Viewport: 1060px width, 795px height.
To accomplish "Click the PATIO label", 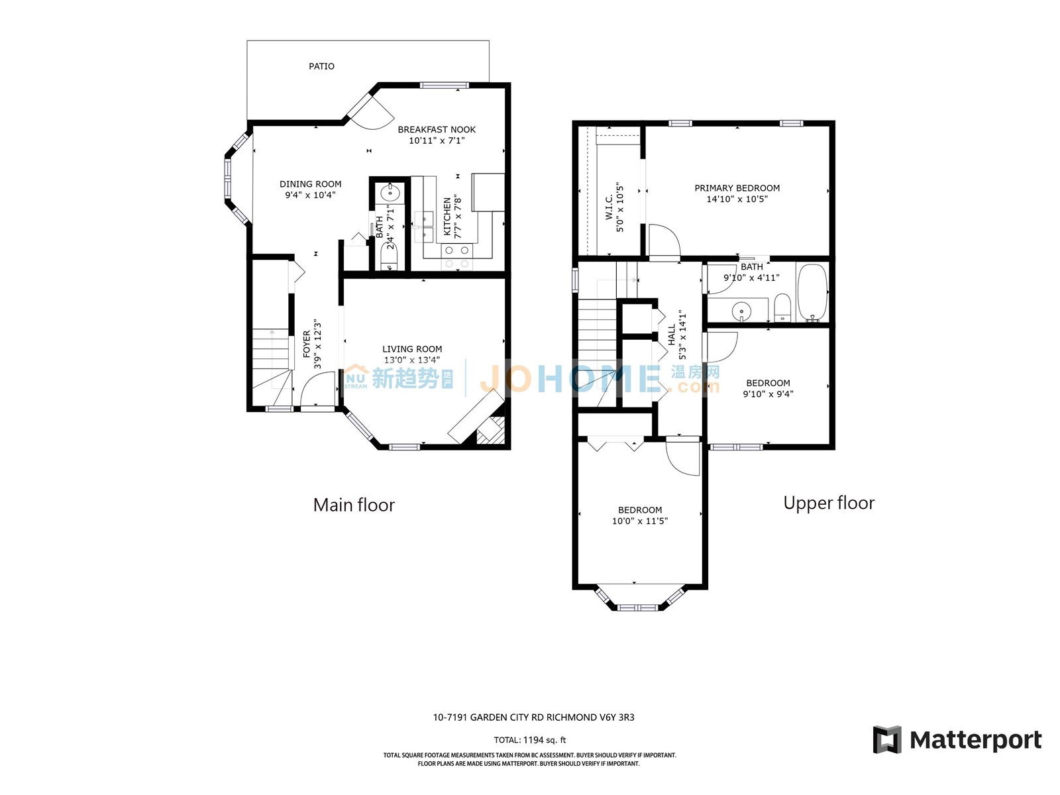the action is point(321,66).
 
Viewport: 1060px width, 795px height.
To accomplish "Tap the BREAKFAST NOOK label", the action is point(437,129).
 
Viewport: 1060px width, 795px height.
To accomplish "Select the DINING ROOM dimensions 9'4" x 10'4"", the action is point(310,195).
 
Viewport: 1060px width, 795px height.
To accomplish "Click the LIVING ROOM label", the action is point(412,348).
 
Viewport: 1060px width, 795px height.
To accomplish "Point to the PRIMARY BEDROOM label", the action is point(737,187).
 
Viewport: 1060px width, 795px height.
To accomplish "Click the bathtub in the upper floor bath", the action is point(812,293).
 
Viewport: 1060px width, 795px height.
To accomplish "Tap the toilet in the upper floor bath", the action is point(782,308).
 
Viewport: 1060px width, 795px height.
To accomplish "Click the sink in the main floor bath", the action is point(390,193).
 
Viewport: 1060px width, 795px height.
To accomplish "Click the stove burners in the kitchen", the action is point(456,257).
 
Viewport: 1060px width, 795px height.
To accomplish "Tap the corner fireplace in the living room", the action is point(491,429).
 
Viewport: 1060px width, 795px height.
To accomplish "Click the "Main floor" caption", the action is point(354,505).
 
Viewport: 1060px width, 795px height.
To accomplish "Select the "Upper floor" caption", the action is point(829,503).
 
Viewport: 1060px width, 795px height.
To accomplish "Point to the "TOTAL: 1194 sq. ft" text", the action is point(530,740).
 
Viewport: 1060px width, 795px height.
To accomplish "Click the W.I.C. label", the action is point(609,207).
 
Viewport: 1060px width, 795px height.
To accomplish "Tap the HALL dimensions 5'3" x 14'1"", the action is point(682,335).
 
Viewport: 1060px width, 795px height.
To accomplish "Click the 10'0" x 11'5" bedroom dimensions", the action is point(640,521).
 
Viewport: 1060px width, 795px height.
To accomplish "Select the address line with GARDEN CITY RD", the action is point(533,717).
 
